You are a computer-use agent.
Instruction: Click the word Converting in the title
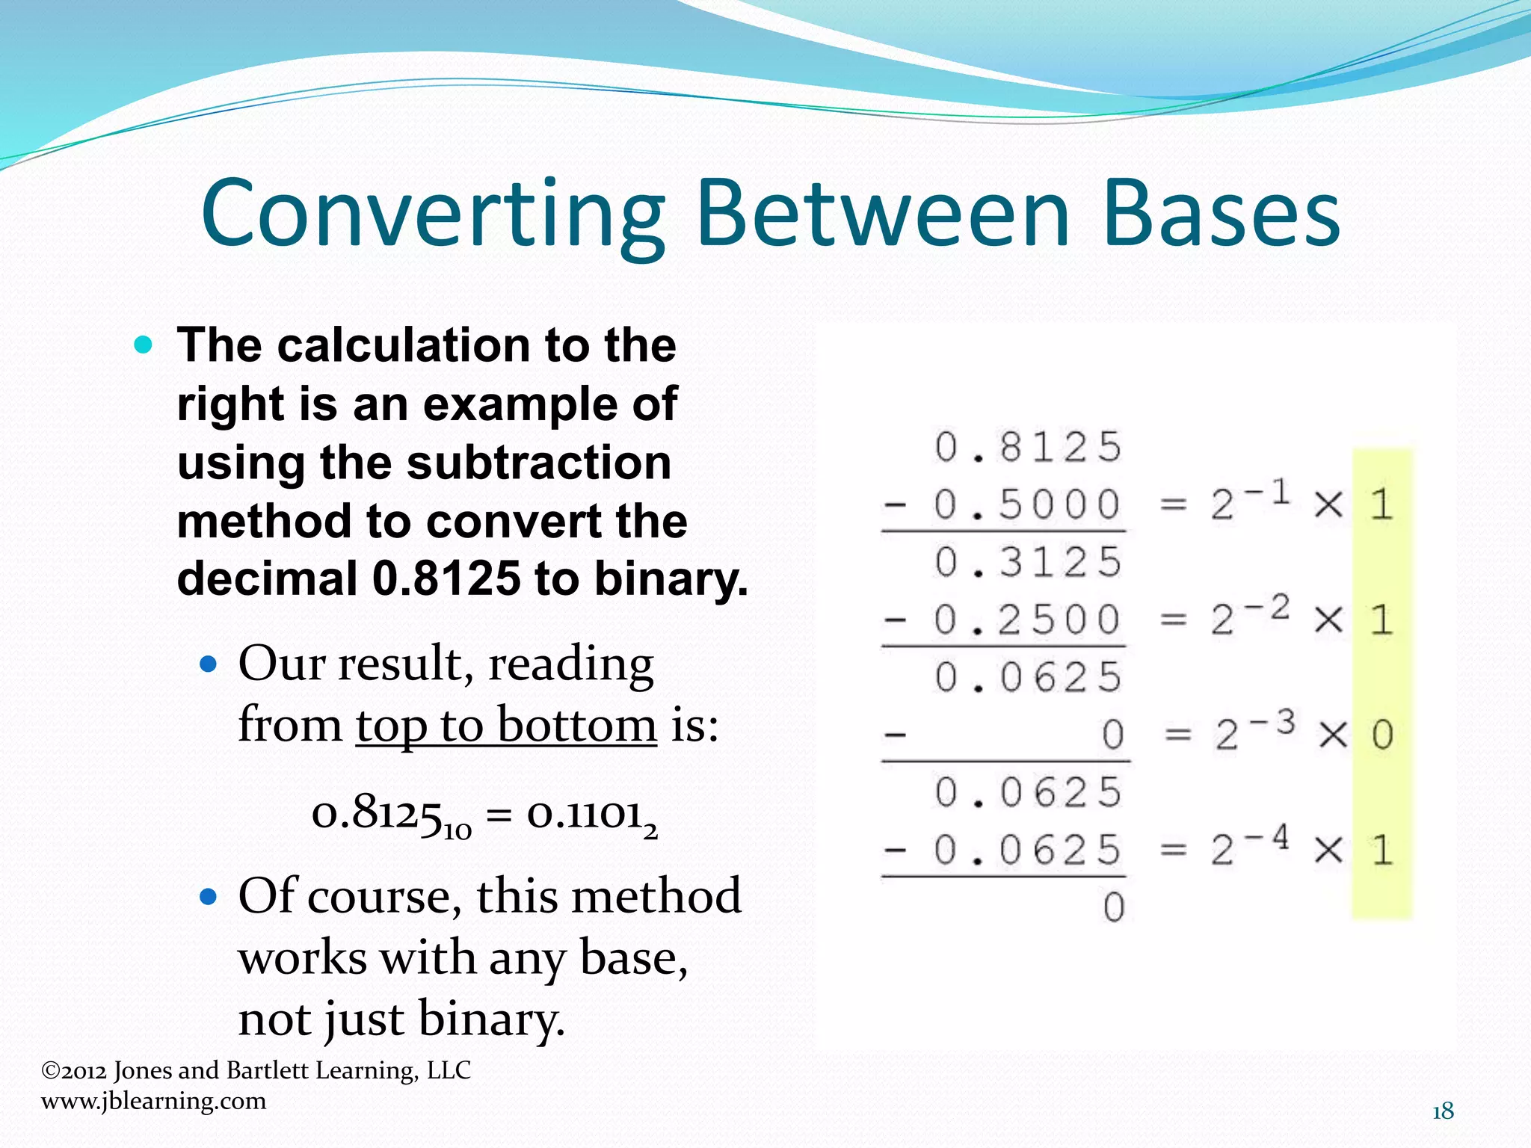point(432,215)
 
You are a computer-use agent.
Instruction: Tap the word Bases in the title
point(1221,215)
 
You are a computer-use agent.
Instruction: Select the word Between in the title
point(884,215)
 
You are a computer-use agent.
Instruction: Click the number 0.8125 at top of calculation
point(1028,447)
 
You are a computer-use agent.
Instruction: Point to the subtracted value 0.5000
point(1026,504)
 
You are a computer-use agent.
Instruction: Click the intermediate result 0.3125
point(1028,562)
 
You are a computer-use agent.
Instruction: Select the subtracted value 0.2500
point(1026,620)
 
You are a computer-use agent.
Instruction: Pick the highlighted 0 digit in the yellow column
point(1382,735)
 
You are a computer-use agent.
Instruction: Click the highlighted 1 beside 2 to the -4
point(1382,851)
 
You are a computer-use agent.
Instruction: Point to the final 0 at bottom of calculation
point(1113,907)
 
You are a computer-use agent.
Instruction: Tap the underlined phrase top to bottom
point(506,725)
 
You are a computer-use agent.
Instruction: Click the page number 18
point(1443,1111)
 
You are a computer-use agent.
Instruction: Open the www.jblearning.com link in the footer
point(153,1101)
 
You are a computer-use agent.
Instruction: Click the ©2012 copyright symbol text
point(73,1070)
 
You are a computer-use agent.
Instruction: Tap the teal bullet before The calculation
point(143,345)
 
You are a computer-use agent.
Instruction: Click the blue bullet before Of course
point(209,896)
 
